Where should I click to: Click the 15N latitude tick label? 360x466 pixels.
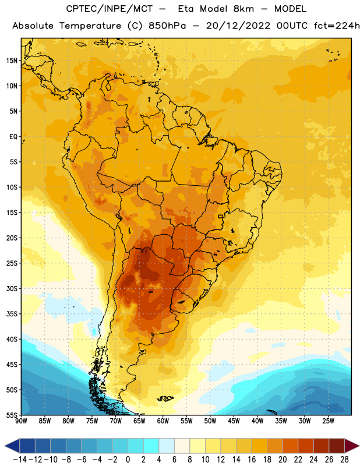(x=12, y=61)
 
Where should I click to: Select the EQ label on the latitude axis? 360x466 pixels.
(x=13, y=137)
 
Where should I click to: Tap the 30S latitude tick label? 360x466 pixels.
(x=12, y=288)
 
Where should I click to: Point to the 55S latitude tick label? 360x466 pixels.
(x=12, y=415)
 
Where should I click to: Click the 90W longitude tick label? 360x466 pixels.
(x=21, y=421)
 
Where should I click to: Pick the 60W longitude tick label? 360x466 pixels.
(x=163, y=421)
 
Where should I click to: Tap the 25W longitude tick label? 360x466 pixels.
(x=328, y=421)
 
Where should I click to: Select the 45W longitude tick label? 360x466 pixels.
(x=234, y=421)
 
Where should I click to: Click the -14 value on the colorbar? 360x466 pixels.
(x=20, y=460)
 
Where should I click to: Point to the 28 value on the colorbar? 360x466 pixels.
(x=344, y=460)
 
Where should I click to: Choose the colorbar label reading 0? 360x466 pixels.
(x=128, y=460)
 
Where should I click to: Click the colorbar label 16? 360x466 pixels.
(x=252, y=460)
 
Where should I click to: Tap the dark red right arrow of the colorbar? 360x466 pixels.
(x=351, y=446)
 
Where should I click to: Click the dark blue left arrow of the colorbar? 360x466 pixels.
(x=12, y=446)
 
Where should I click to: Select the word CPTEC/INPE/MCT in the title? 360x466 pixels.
(x=110, y=9)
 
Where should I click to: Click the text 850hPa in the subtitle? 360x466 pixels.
(x=167, y=26)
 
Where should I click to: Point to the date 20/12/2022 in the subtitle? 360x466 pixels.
(x=238, y=26)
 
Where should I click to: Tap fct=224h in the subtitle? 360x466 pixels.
(x=337, y=26)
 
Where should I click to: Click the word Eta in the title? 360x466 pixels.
(x=186, y=9)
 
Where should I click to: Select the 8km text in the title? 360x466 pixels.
(x=243, y=9)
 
